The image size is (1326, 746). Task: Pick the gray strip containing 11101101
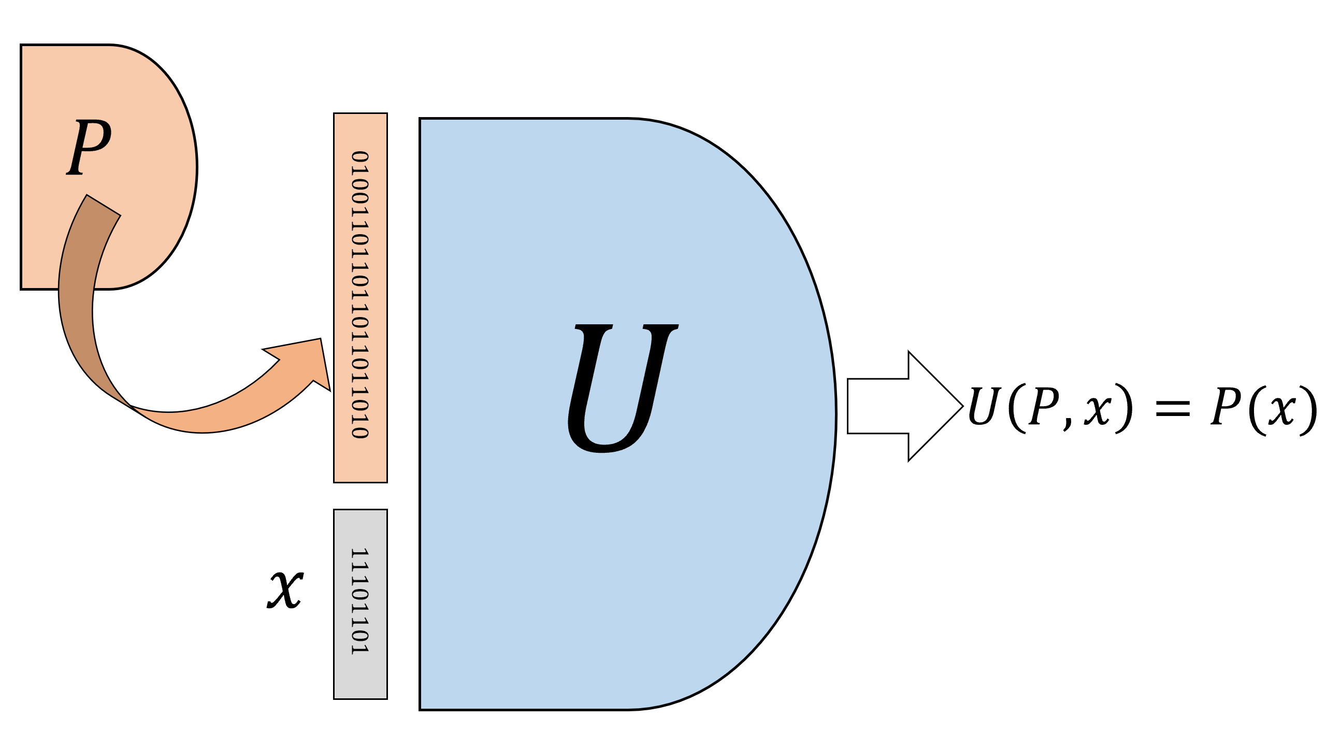[x=361, y=604]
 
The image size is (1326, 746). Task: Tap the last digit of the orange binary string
[x=360, y=433]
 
